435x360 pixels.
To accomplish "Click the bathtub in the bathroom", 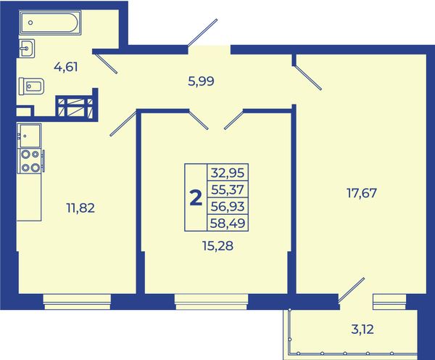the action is click(x=51, y=22).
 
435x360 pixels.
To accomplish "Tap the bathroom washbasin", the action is click(x=27, y=48).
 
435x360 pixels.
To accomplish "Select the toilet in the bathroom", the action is click(x=32, y=86).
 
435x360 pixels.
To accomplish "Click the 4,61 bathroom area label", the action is click(x=66, y=67).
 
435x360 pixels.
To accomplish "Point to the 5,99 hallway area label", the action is click(x=201, y=82).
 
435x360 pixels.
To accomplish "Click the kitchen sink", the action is click(x=29, y=136).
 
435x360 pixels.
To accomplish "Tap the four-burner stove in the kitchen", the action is click(x=30, y=161).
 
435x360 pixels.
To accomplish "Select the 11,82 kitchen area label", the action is click(x=80, y=208).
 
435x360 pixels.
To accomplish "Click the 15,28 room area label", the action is click(x=218, y=245).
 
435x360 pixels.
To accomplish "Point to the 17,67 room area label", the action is click(x=362, y=193).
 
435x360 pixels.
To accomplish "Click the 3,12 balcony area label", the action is click(x=362, y=330).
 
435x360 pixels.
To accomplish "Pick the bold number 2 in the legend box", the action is click(x=196, y=197).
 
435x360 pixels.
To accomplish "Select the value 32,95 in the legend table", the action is click(x=228, y=173).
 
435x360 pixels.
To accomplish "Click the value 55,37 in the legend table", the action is click(x=228, y=189).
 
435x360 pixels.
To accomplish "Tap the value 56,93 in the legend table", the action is click(x=228, y=206).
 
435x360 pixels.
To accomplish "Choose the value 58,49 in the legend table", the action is click(x=228, y=223).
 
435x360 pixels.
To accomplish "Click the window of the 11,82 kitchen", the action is click(x=77, y=302).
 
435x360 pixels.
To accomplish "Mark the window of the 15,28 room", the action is click(x=212, y=302).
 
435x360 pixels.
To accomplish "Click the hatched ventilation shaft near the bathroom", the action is click(x=75, y=107).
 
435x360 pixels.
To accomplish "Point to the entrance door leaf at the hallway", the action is click(x=202, y=33).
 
